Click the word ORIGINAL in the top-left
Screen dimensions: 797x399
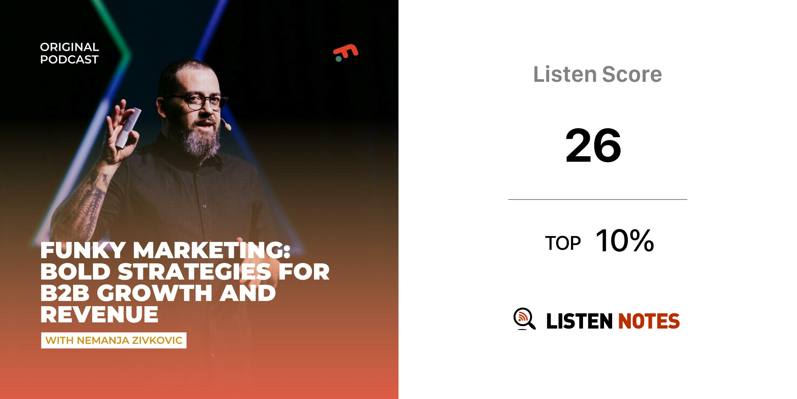pyautogui.click(x=70, y=47)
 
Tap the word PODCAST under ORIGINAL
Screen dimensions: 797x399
pyautogui.click(x=69, y=60)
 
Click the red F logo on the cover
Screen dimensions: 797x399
pyautogui.click(x=346, y=53)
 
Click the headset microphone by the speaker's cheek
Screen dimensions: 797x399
pyautogui.click(x=226, y=124)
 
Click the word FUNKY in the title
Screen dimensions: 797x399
pyautogui.click(x=83, y=250)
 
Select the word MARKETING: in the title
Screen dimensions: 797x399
pyautogui.click(x=212, y=250)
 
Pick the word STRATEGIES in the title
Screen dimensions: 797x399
pyautogui.click(x=194, y=272)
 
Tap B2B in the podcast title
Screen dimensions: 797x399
pyautogui.click(x=65, y=293)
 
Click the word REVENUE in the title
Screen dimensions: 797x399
pyautogui.click(x=99, y=314)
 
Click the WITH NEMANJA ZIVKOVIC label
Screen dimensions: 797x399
pyautogui.click(x=114, y=340)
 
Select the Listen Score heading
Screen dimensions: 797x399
pyautogui.click(x=597, y=74)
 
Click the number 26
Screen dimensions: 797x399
pyautogui.click(x=593, y=146)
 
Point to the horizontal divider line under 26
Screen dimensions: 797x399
pyautogui.click(x=597, y=199)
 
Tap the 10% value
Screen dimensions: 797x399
pyautogui.click(x=625, y=241)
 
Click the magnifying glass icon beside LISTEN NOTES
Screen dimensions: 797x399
pyautogui.click(x=524, y=319)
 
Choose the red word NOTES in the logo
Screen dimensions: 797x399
pyautogui.click(x=649, y=321)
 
